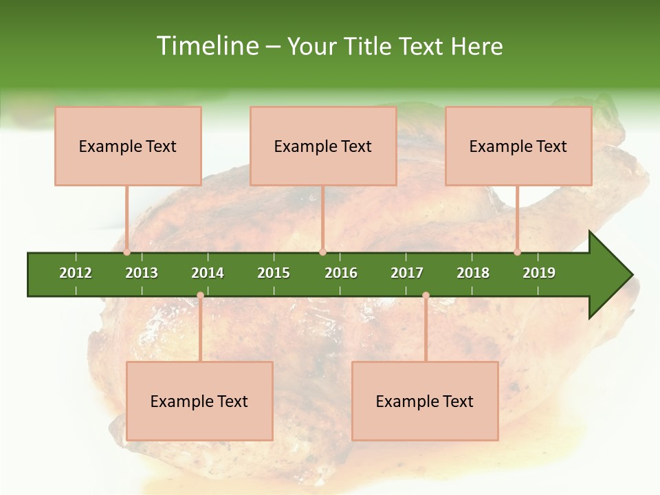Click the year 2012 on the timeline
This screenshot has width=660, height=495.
[76, 273]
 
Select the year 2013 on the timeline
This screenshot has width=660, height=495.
[142, 273]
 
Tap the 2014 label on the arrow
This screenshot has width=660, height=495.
[208, 273]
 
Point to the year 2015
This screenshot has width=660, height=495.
[274, 273]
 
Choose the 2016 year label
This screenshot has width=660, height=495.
[341, 273]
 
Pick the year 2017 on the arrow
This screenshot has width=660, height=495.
[407, 273]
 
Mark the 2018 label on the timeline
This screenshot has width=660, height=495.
[473, 273]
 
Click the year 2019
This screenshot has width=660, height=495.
[539, 273]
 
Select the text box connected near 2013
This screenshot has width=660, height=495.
[128, 146]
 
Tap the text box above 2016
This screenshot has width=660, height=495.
[323, 146]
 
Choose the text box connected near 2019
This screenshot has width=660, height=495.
[518, 146]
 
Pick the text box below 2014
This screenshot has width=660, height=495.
[199, 401]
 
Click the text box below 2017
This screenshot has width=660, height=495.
[425, 401]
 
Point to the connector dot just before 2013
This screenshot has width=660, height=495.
[127, 252]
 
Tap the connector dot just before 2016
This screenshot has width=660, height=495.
[323, 252]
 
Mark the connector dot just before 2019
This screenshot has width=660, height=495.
[518, 252]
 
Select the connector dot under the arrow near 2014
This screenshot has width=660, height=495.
[200, 296]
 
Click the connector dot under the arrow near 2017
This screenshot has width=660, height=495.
[426, 296]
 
